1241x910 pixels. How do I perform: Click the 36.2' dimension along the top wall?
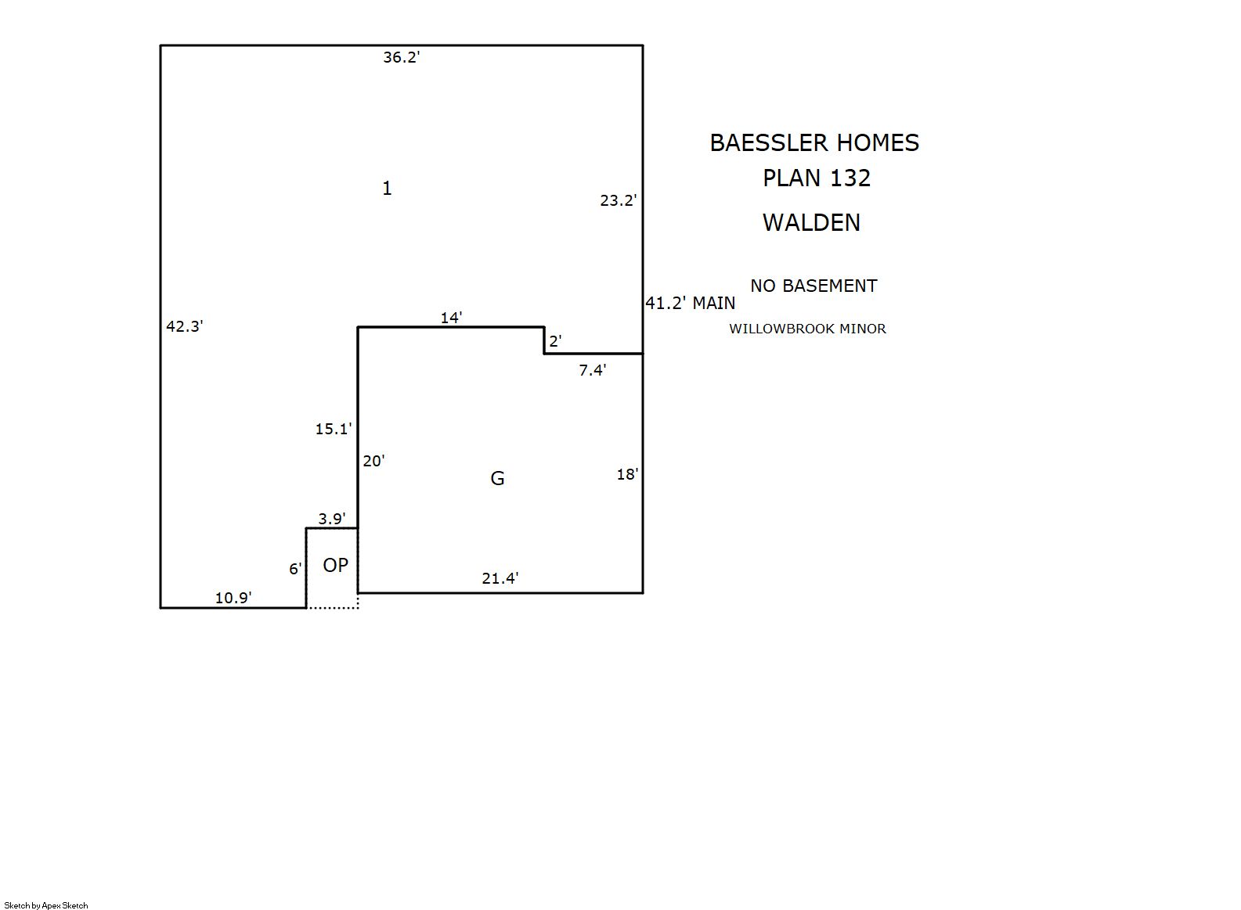[402, 57]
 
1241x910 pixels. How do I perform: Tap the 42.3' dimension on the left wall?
[185, 326]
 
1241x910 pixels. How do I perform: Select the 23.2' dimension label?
[619, 200]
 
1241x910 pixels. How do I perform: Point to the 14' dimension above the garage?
[452, 318]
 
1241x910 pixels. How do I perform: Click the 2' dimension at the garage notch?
[555, 341]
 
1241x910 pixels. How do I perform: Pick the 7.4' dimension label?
[593, 370]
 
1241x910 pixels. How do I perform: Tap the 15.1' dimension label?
[334, 429]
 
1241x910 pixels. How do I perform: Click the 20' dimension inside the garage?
[374, 461]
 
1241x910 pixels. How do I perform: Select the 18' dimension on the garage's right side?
[628, 474]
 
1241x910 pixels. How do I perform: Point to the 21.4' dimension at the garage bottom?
[500, 578]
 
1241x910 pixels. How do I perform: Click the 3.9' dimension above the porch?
[332, 520]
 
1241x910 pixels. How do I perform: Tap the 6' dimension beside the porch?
[295, 569]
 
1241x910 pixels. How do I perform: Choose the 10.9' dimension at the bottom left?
[233, 598]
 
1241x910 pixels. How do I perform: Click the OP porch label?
[336, 565]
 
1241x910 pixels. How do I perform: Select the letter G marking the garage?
[497, 478]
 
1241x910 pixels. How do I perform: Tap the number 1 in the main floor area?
[388, 189]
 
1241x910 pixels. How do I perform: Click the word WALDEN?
[812, 222]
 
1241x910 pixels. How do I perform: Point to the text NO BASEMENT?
[814, 286]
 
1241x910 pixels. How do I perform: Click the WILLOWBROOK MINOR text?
[808, 329]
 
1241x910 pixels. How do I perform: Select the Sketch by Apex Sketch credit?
[46, 905]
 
